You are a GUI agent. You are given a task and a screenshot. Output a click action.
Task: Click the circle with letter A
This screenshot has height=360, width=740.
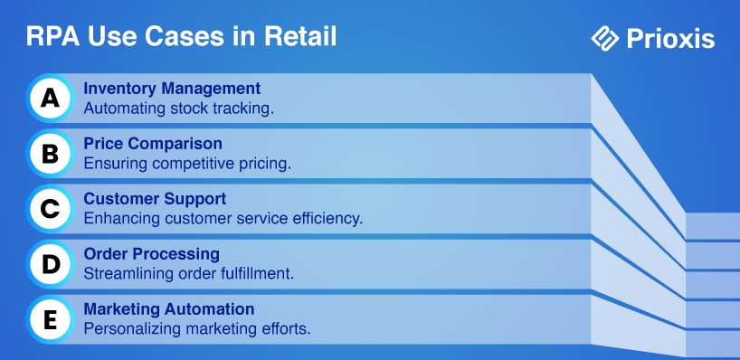pyautogui.click(x=50, y=98)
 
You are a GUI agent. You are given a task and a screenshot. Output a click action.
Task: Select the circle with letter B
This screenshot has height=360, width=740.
pyautogui.click(x=50, y=154)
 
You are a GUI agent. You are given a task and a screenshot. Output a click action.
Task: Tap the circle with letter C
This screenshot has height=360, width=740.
pyautogui.click(x=50, y=209)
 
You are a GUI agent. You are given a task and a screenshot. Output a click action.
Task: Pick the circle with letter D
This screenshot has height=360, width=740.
pyautogui.click(x=50, y=264)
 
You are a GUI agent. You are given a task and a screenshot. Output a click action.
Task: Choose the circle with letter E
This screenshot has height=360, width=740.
pyautogui.click(x=50, y=320)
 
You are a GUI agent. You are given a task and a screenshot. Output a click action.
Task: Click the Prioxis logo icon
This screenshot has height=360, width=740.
pyautogui.click(x=605, y=38)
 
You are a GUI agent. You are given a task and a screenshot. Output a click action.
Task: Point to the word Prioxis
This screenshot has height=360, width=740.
pyautogui.click(x=670, y=39)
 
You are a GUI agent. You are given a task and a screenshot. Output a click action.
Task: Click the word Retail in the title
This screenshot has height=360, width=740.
pyautogui.click(x=300, y=37)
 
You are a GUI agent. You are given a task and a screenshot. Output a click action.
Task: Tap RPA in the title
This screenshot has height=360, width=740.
pyautogui.click(x=52, y=37)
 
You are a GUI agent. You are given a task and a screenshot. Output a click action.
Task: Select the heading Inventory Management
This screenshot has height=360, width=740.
pyautogui.click(x=172, y=89)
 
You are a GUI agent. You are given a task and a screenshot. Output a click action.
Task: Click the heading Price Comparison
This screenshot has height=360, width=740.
pyautogui.click(x=153, y=144)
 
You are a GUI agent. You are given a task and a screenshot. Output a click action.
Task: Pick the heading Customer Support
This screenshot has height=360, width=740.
pyautogui.click(x=155, y=199)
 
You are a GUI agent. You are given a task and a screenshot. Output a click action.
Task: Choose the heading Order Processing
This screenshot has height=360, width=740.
pyautogui.click(x=151, y=254)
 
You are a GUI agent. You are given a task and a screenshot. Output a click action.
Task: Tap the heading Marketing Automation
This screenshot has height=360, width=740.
pyautogui.click(x=169, y=309)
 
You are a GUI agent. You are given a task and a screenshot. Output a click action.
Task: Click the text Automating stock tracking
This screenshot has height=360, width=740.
pyautogui.click(x=179, y=109)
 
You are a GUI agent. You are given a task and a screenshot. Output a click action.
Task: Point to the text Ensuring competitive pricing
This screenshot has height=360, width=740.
pyautogui.click(x=187, y=164)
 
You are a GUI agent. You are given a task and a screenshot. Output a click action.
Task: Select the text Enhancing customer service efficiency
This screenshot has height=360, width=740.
pyautogui.click(x=223, y=219)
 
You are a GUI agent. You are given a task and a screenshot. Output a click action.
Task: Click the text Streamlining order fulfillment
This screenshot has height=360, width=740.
pyautogui.click(x=189, y=274)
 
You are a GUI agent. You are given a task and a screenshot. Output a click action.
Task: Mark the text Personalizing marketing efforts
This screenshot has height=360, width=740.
pyautogui.click(x=197, y=329)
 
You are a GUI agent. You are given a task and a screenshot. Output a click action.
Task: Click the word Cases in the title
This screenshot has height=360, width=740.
pyautogui.click(x=184, y=37)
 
